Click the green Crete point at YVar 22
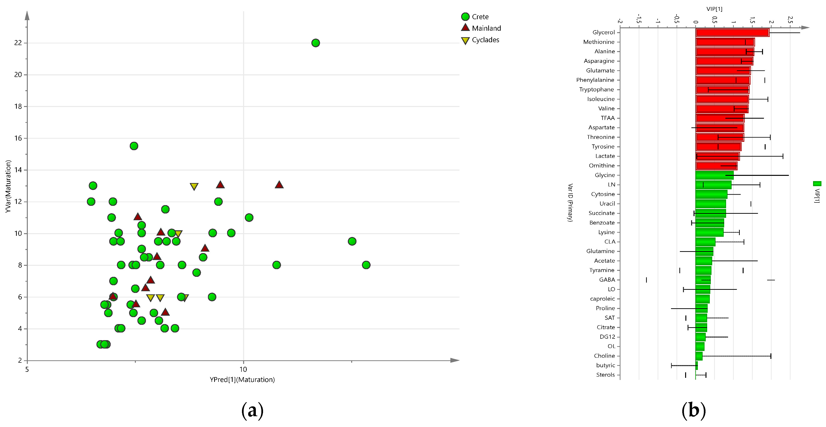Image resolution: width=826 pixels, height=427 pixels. coord(315,43)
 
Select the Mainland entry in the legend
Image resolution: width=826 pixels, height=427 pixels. coord(481,28)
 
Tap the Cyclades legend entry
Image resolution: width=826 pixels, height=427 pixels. coord(480,40)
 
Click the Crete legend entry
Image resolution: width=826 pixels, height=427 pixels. coord(475,17)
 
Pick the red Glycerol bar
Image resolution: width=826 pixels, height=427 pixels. coord(732,32)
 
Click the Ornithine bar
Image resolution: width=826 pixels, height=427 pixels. coord(716,166)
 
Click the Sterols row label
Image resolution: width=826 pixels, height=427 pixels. coord(605,375)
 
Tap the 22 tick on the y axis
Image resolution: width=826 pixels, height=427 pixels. coord(18,43)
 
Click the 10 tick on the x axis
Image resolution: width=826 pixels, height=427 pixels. coord(243,369)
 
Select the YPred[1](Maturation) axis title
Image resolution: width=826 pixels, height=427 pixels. coord(242,380)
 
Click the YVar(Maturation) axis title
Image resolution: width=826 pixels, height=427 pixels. coord(8,186)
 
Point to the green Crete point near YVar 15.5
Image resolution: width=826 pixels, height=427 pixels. coord(134,146)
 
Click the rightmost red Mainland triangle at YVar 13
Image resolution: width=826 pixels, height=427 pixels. coord(279,185)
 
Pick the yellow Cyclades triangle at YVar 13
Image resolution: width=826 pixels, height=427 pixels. coord(194,186)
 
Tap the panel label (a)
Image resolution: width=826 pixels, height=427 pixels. coord(252,411)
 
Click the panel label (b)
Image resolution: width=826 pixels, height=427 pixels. coord(693,411)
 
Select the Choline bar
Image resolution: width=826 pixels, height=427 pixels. coord(699,356)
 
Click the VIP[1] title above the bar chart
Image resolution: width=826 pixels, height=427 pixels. coord(714,9)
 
